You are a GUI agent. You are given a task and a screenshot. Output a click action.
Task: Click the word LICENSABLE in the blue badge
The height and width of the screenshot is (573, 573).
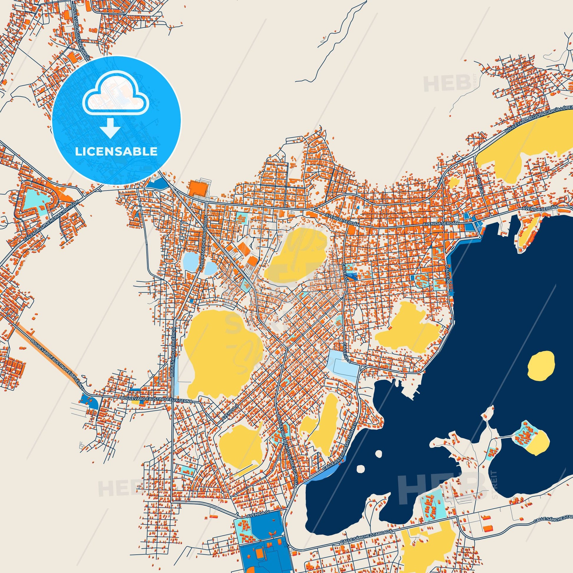116,151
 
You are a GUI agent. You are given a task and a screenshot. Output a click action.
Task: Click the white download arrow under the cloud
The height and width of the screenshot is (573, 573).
110,128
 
